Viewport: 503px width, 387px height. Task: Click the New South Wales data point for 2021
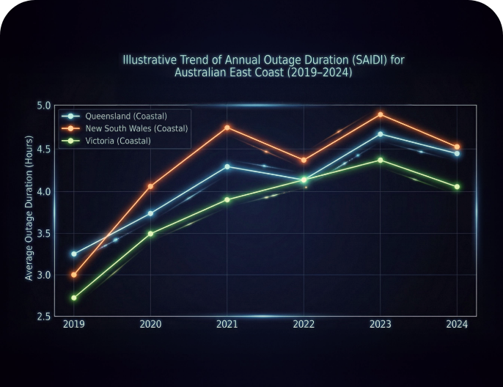click(x=227, y=128)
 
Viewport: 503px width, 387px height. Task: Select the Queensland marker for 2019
click(x=73, y=254)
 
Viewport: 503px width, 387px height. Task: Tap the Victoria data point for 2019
click(x=73, y=298)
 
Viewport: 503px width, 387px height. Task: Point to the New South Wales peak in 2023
click(x=380, y=114)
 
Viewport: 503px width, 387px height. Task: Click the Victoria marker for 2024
click(x=457, y=187)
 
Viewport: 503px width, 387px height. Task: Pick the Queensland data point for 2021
click(x=227, y=166)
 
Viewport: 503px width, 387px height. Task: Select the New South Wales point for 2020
click(x=150, y=186)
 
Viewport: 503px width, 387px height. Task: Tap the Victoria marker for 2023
click(x=380, y=160)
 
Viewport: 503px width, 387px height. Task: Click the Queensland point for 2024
click(x=457, y=153)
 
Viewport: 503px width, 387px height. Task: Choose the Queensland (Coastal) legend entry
click(x=125, y=117)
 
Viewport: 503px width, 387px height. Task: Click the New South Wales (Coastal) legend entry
click(x=136, y=128)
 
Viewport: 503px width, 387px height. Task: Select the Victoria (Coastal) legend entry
click(x=117, y=140)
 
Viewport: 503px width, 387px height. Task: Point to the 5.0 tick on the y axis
click(x=44, y=106)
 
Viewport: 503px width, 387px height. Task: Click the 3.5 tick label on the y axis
click(x=44, y=233)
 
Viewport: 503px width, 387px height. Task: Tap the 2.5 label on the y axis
click(x=44, y=317)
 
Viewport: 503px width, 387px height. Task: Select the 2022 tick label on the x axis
click(x=304, y=325)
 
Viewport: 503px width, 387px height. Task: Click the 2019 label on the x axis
click(x=73, y=325)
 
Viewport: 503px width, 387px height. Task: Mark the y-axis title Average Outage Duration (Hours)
click(x=29, y=208)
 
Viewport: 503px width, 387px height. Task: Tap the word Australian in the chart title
click(x=203, y=73)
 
